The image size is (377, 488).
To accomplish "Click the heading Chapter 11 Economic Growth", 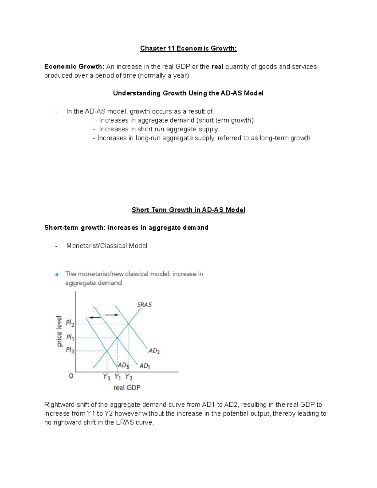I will pyautogui.click(x=188, y=48).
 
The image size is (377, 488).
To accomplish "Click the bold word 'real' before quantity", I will pyautogui.click(x=217, y=67).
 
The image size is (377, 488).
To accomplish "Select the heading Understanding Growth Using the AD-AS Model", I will pyautogui.click(x=188, y=93).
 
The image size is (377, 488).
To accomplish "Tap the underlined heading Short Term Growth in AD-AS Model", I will pyautogui.click(x=188, y=210).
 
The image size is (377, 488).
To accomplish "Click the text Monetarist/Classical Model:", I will pyautogui.click(x=107, y=246).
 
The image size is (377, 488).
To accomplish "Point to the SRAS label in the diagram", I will pyautogui.click(x=144, y=304).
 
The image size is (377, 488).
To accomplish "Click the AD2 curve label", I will pyautogui.click(x=154, y=351).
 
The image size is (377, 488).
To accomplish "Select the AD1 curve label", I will pyautogui.click(x=145, y=366).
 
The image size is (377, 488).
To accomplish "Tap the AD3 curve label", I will pyautogui.click(x=123, y=365).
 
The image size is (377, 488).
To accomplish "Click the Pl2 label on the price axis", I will pyautogui.click(x=70, y=323).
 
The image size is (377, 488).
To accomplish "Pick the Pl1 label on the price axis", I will pyautogui.click(x=70, y=337).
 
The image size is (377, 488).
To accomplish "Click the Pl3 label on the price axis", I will pyautogui.click(x=70, y=350).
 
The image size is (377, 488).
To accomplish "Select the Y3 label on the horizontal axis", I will pyautogui.click(x=107, y=377).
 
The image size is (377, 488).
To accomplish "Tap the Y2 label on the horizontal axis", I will pyautogui.click(x=129, y=377).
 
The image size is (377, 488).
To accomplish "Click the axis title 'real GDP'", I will pyautogui.click(x=127, y=388).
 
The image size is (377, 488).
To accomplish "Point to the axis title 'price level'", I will pyautogui.click(x=59, y=331).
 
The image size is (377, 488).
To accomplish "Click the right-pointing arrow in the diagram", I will pyautogui.click(x=112, y=315).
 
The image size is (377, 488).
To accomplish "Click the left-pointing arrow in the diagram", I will pyautogui.click(x=95, y=317).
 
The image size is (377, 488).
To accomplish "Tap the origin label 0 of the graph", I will pyautogui.click(x=71, y=376).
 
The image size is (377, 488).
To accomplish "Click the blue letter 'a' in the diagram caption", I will pyautogui.click(x=57, y=274).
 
